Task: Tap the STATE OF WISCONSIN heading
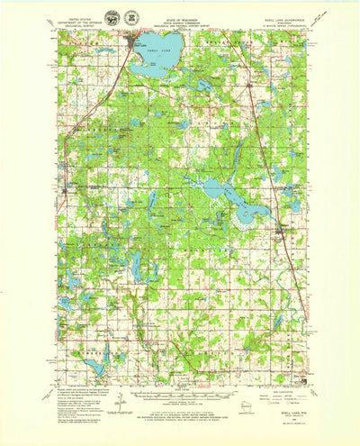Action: click(179, 11)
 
